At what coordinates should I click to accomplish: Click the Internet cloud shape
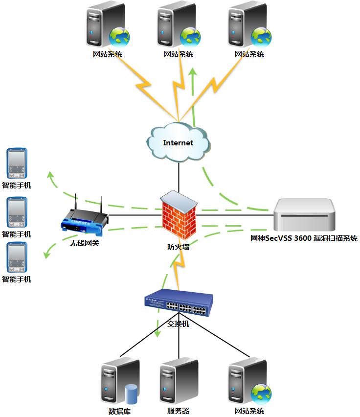179,142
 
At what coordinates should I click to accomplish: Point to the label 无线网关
84,242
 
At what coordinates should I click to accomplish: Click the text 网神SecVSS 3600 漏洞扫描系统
304,239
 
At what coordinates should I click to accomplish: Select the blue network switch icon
179,303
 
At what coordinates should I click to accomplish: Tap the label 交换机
178,324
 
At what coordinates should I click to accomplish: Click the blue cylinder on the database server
131,394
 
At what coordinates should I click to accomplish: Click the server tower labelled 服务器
178,382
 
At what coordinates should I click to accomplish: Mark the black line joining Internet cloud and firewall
179,176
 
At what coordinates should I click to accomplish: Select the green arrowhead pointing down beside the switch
157,334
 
